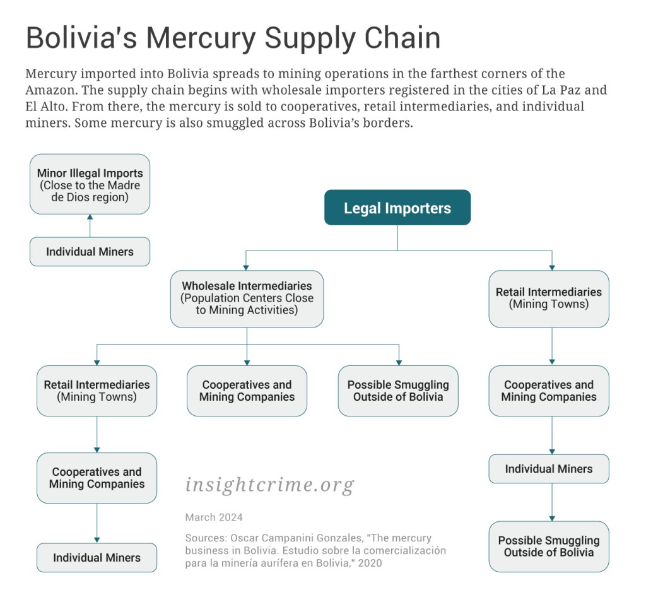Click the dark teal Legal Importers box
397,208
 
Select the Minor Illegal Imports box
90,184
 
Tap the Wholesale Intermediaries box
247,298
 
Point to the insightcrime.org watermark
269,485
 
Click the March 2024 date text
214,517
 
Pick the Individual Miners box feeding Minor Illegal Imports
90,252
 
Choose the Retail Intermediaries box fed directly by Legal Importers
549,298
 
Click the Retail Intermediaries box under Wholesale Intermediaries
97,391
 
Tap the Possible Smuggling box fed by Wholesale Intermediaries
398,391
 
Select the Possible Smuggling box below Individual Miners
549,546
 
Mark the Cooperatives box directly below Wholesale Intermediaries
247,391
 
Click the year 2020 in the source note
370,563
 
